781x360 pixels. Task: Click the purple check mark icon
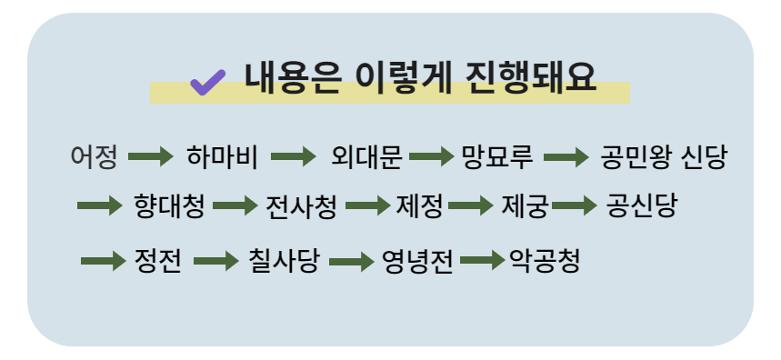[x=207, y=83]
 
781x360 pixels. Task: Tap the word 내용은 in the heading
[x=292, y=79]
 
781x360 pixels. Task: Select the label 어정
[x=94, y=157]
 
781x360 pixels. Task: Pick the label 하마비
[x=222, y=157]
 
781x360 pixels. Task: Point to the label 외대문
[x=366, y=157]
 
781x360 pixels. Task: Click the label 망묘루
[x=496, y=157]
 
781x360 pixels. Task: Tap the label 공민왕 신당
[x=664, y=157]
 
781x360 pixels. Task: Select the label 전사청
[x=301, y=206]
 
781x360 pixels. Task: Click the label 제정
[x=419, y=206]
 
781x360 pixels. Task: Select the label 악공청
[x=545, y=262]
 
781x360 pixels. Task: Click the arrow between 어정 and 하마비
[x=150, y=157]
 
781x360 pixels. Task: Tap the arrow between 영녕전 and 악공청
[x=482, y=262]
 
